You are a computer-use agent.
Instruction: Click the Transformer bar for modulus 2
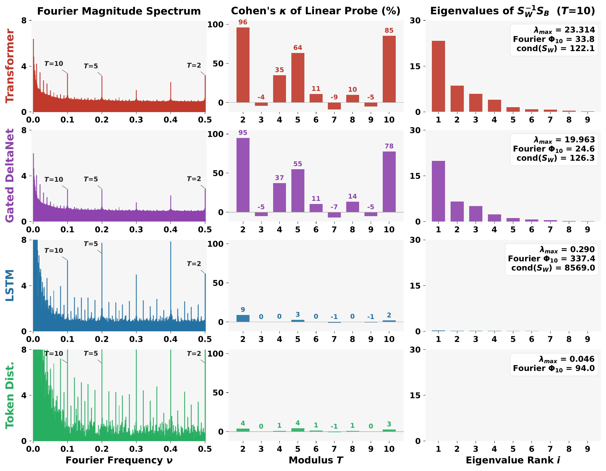coord(243,65)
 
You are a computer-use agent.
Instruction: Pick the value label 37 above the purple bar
coord(279,178)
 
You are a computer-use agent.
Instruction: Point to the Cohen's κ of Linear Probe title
coord(316,11)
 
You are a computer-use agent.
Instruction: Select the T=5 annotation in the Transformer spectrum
coord(91,66)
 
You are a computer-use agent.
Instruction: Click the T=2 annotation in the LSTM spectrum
coord(194,264)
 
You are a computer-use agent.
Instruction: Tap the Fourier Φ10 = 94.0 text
coord(554,368)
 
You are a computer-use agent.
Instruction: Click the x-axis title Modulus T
coord(316,460)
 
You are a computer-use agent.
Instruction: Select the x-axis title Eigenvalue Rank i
coord(512,460)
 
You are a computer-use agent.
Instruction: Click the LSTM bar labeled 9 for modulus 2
coord(243,318)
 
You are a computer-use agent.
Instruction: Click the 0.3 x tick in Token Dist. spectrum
coord(136,449)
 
